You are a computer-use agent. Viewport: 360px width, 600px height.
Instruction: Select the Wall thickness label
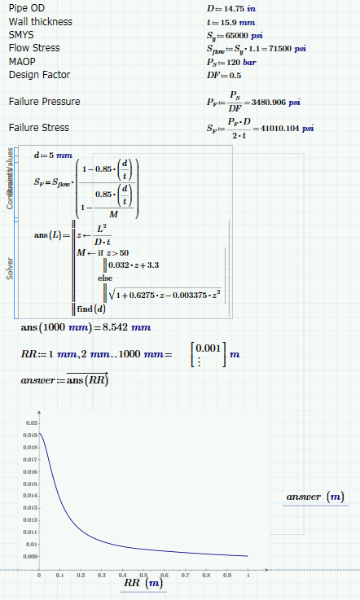pos(40,21)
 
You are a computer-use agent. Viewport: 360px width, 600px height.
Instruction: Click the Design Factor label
pos(38,74)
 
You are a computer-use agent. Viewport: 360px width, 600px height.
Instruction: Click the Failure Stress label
pos(38,127)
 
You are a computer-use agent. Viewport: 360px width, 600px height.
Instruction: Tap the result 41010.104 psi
pos(284,128)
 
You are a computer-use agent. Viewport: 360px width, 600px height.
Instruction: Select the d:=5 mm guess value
pos(52,155)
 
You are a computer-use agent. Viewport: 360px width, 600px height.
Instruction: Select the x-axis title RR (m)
pos(143,584)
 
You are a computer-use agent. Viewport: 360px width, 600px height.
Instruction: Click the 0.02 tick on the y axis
pos(32,423)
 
